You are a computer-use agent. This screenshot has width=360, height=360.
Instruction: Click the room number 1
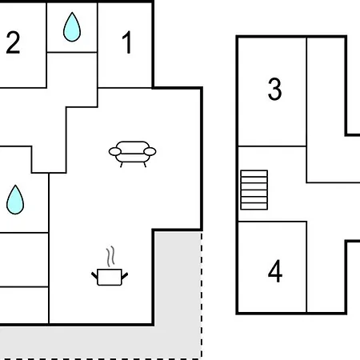point(127,42)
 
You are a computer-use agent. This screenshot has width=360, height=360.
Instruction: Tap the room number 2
point(13,42)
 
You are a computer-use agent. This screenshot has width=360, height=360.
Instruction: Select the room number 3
point(274,89)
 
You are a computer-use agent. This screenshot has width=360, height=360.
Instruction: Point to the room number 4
point(275,271)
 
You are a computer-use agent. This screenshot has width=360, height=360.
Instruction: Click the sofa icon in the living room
point(132,154)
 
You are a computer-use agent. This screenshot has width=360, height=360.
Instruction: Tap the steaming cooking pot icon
point(110,266)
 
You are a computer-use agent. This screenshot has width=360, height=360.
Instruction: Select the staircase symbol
point(254,190)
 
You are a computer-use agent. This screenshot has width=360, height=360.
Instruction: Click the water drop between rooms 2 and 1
point(72,27)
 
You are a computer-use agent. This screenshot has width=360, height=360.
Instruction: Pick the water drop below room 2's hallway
point(15,199)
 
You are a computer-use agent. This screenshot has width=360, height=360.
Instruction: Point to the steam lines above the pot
point(110,256)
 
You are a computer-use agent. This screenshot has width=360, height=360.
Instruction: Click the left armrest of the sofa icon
point(115,151)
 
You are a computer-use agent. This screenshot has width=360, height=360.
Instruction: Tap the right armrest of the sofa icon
point(150,151)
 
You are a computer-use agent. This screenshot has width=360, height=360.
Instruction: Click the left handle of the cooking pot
point(94,275)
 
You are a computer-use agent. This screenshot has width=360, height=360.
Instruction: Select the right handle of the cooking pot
point(125,275)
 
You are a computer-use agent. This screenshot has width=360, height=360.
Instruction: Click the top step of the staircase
point(254,174)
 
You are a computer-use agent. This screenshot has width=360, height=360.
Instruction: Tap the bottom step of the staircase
point(254,206)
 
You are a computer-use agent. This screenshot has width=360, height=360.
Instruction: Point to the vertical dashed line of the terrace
point(202,295)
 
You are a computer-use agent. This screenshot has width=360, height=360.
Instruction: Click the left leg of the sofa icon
point(122,165)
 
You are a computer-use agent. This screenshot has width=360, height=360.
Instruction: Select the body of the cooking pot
point(110,278)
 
